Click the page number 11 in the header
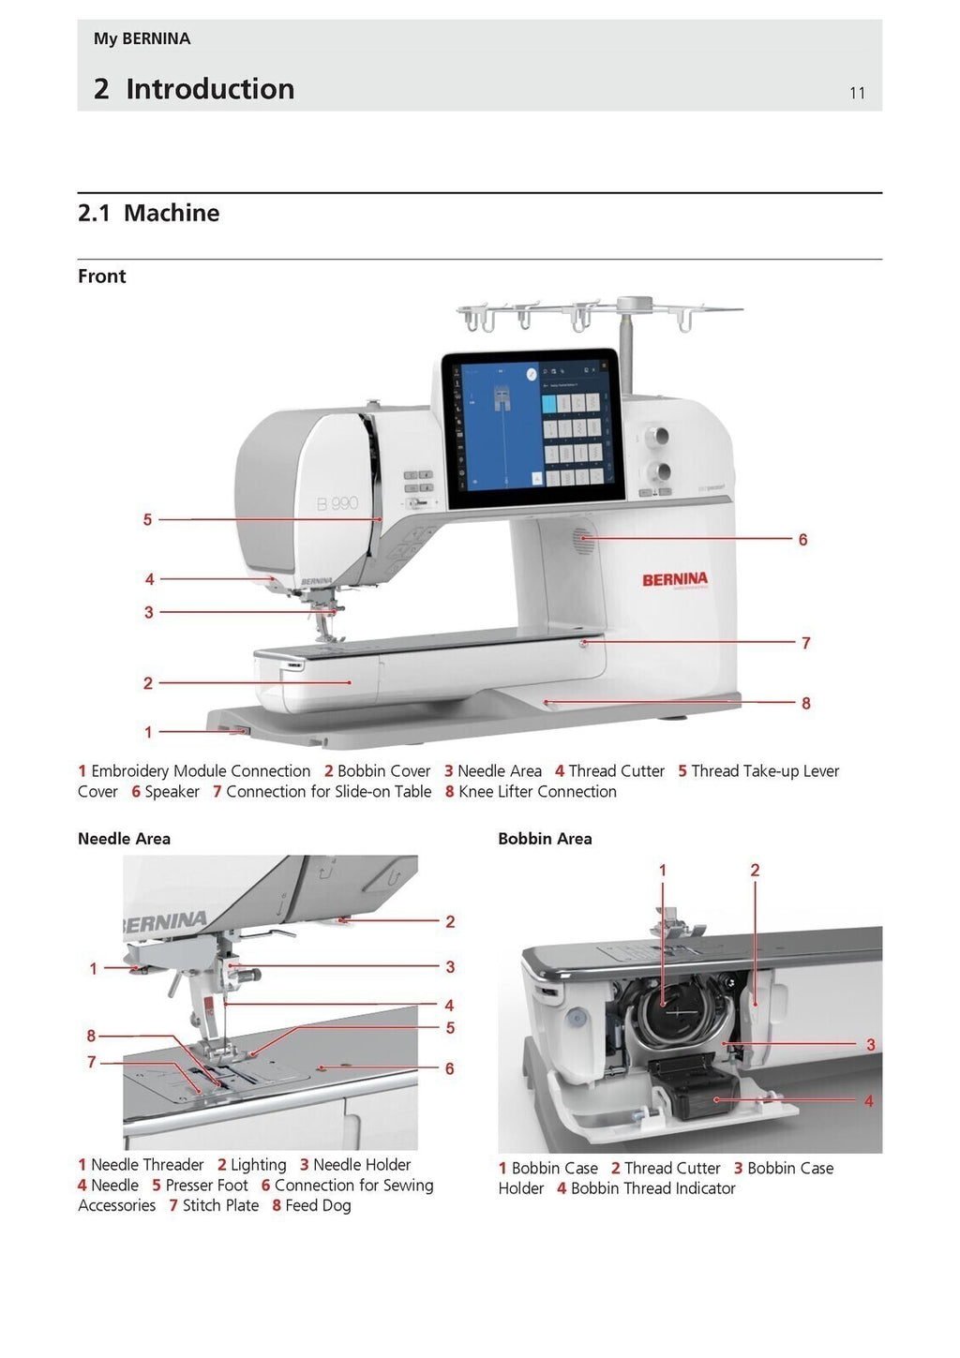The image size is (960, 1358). click(x=857, y=93)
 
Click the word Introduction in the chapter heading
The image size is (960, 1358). click(x=210, y=89)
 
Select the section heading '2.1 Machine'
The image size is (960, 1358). click(x=148, y=213)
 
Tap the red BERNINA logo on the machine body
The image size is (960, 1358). click(x=674, y=579)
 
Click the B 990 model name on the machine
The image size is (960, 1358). click(x=337, y=503)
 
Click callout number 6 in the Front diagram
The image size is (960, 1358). click(x=802, y=540)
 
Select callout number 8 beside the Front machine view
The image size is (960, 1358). click(x=805, y=703)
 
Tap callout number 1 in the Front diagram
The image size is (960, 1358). click(x=148, y=732)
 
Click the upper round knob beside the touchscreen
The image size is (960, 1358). click(x=659, y=436)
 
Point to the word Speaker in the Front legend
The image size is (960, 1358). click(x=172, y=792)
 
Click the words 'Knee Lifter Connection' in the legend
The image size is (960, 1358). click(x=537, y=792)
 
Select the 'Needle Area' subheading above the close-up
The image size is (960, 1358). click(x=124, y=839)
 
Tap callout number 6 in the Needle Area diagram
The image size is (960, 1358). click(x=449, y=1068)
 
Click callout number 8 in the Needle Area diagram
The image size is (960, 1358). click(x=91, y=1036)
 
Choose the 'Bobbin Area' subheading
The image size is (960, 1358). click(x=545, y=839)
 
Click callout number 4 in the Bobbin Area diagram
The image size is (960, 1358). click(x=868, y=1101)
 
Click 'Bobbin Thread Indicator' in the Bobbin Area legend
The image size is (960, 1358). click(x=652, y=1188)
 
